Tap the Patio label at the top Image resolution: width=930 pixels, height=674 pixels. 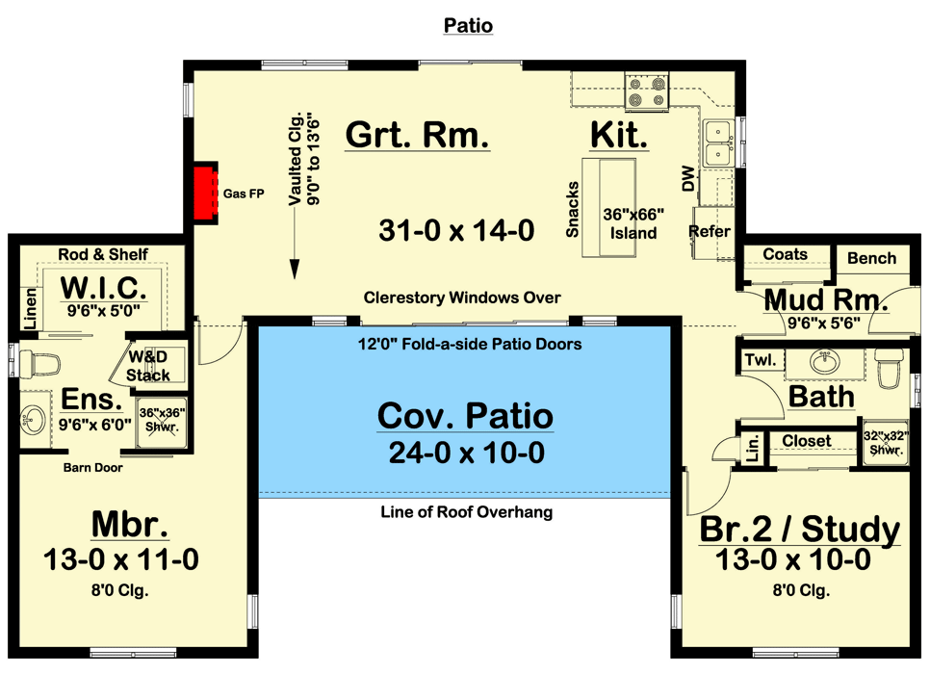click(468, 26)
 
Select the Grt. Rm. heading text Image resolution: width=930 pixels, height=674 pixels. click(418, 135)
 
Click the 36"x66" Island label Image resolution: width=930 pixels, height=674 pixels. click(631, 224)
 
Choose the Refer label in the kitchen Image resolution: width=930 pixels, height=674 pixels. click(710, 232)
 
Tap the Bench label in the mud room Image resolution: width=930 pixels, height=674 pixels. click(871, 258)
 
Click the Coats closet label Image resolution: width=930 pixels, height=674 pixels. click(785, 254)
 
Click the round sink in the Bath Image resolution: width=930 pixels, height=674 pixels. click(824, 362)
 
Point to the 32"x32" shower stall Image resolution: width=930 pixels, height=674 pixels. click(883, 441)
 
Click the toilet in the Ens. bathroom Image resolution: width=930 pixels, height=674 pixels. click(39, 364)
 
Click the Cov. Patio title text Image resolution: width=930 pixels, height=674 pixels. click(465, 416)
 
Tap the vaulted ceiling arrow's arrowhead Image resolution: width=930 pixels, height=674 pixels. click(294, 272)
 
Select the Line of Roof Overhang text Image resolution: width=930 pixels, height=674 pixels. click(466, 512)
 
